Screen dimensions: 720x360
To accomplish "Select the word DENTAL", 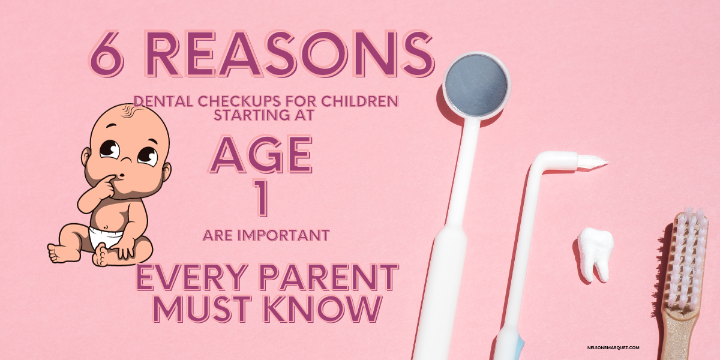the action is [x=163, y=101].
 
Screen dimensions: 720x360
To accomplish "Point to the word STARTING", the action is [x=249, y=115].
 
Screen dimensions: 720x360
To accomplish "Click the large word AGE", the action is [x=262, y=154].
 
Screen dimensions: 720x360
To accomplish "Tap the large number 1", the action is [x=261, y=197].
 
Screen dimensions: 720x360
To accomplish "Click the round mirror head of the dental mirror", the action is [x=476, y=85].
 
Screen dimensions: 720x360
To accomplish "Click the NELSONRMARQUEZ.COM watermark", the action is [x=613, y=347].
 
